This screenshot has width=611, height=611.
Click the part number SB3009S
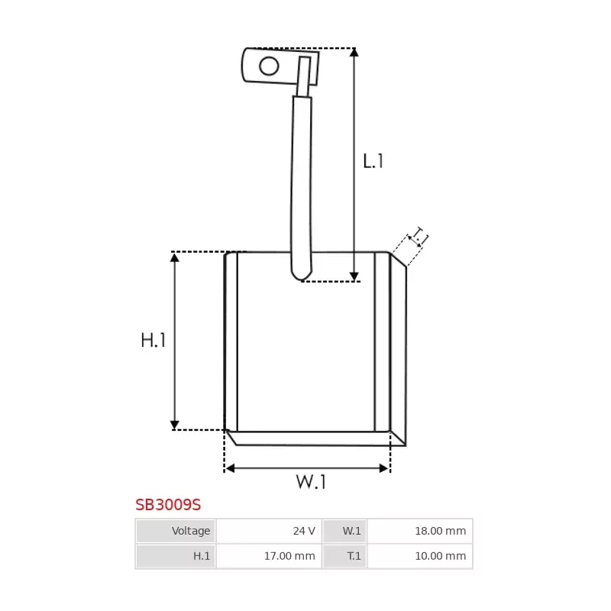(x=168, y=505)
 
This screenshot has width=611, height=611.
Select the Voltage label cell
(x=176, y=531)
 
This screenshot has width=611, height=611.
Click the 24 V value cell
(x=269, y=531)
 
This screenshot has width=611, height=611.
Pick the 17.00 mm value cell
(x=269, y=556)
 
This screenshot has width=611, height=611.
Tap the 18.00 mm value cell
(x=419, y=531)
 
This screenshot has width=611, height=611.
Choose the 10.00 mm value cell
(x=419, y=556)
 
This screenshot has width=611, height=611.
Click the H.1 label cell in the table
(x=176, y=556)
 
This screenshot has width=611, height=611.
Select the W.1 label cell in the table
(x=344, y=531)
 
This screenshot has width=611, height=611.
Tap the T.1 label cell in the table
(x=344, y=556)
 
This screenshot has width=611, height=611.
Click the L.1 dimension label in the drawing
(x=373, y=161)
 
